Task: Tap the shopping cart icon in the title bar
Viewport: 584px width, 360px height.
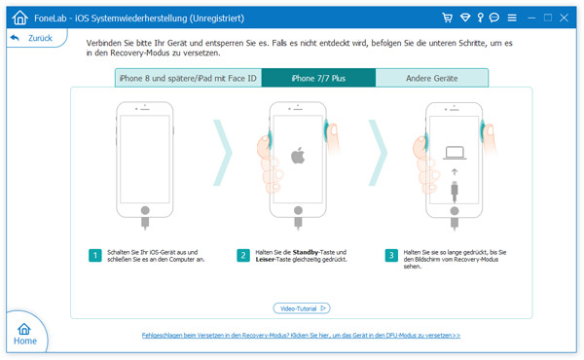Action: click(448, 18)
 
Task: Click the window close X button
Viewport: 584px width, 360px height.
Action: click(564, 18)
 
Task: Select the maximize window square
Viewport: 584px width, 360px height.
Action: click(547, 18)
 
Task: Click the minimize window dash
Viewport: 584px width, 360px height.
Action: click(531, 18)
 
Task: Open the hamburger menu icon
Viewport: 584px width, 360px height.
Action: click(512, 18)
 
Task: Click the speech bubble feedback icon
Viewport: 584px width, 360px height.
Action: click(494, 18)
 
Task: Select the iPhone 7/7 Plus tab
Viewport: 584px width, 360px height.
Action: click(318, 78)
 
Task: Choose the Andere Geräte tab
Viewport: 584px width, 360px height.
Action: click(431, 78)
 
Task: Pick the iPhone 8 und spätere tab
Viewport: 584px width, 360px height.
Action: click(188, 78)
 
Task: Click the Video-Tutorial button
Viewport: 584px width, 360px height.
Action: click(302, 308)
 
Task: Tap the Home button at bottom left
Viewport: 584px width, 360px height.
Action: click(25, 334)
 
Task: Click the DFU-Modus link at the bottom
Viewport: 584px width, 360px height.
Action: click(301, 336)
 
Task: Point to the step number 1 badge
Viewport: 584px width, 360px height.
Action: click(95, 256)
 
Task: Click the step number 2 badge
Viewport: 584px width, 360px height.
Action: click(243, 256)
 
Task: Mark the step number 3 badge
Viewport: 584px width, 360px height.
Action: click(391, 256)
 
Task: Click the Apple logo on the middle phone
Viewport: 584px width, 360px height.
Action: click(298, 156)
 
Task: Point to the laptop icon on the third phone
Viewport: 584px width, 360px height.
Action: click(455, 153)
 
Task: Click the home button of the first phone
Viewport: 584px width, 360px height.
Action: click(145, 210)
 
